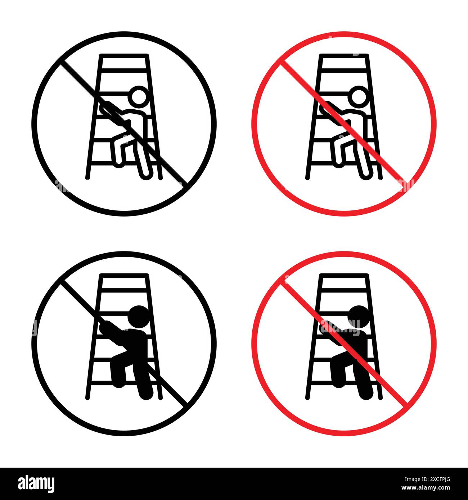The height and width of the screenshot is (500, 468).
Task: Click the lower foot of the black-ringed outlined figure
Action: coord(145,174)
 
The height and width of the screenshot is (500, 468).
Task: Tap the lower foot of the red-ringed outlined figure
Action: coord(365,174)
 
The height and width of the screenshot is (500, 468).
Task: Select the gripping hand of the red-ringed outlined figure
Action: coord(324,107)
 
